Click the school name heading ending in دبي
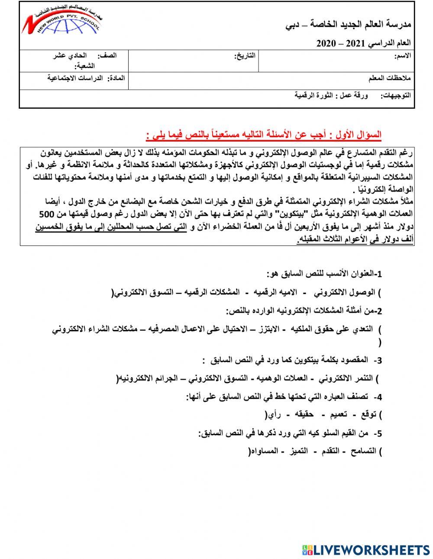(x=348, y=25)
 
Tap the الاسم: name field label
(x=403, y=56)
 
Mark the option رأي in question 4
(x=274, y=415)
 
